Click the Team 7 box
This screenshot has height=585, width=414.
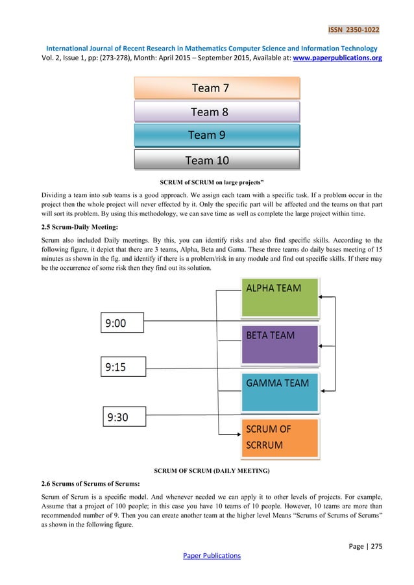pyautogui.click(x=217, y=88)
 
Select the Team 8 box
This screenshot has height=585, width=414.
pyautogui.click(x=217, y=112)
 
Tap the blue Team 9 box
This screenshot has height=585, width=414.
pyautogui.click(x=217, y=135)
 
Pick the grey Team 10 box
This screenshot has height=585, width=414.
pyautogui.click(x=217, y=160)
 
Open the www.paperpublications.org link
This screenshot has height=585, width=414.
pyautogui.click(x=336, y=58)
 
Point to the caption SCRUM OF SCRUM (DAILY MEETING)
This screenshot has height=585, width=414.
pyautogui.click(x=211, y=470)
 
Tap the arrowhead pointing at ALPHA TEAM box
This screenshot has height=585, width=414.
pyautogui.click(x=323, y=298)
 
